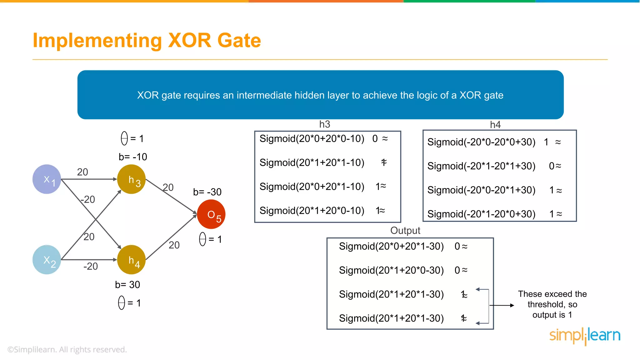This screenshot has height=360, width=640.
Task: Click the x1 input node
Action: tap(47, 179)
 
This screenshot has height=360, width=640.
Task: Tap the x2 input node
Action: tap(47, 260)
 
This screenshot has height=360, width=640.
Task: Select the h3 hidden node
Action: tap(132, 179)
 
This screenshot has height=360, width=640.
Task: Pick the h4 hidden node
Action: tap(132, 260)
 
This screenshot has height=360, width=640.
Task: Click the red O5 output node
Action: tap(211, 214)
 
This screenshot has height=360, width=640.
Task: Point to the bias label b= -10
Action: tap(133, 157)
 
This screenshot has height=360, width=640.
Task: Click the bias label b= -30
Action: tap(207, 192)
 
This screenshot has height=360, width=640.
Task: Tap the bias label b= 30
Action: tap(127, 284)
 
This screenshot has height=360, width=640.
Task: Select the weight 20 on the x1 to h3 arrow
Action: tap(82, 172)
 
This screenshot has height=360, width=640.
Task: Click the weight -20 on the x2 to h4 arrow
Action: tap(91, 266)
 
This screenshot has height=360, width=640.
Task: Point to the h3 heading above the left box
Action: tap(325, 124)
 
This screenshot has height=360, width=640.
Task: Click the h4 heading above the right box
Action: tap(495, 125)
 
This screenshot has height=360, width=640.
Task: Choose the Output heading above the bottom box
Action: tap(405, 231)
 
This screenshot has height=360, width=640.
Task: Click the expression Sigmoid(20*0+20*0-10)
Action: tap(312, 138)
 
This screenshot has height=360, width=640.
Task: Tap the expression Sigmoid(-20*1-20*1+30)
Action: tap(481, 166)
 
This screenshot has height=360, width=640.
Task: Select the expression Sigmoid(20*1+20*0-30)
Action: tap(391, 270)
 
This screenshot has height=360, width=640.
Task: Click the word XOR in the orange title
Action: tap(190, 41)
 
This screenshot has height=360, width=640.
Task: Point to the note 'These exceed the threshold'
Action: tap(552, 304)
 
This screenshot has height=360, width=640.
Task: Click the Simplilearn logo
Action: tap(585, 336)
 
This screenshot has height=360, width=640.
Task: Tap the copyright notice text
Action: tap(67, 349)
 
